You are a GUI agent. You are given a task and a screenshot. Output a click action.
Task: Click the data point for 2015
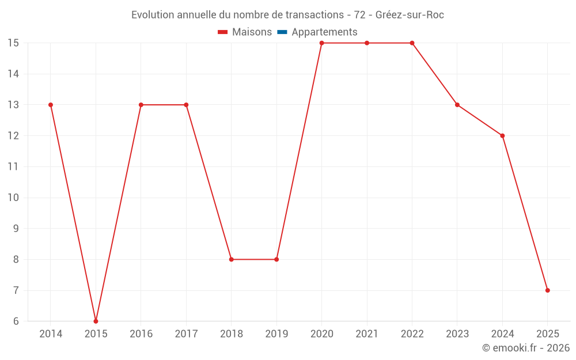click(x=96, y=321)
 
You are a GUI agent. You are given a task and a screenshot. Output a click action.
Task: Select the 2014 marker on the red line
click(x=51, y=105)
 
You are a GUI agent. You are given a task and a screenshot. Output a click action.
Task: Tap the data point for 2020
click(x=321, y=43)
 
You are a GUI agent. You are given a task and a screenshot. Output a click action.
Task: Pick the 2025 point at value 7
click(x=547, y=290)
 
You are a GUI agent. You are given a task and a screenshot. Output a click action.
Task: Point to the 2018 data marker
click(x=231, y=259)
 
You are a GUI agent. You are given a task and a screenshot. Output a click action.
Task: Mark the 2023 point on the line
click(x=457, y=105)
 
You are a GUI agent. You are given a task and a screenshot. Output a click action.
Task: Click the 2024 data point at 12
click(x=502, y=136)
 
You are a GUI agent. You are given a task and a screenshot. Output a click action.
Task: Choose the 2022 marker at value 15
click(x=412, y=43)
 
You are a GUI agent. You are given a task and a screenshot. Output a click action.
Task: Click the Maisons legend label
click(x=252, y=32)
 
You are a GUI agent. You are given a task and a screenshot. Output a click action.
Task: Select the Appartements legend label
click(x=324, y=32)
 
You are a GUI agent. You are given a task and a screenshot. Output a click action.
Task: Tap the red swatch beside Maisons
click(x=223, y=32)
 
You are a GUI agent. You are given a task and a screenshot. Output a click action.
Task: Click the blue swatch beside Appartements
click(x=282, y=32)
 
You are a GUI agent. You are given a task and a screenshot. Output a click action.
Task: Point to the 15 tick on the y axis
click(x=13, y=43)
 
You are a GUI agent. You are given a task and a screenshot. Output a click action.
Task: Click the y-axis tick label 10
click(x=13, y=198)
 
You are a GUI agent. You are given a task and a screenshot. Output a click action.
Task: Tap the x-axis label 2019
click(x=276, y=334)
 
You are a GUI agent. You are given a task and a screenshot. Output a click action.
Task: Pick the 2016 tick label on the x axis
click(x=141, y=334)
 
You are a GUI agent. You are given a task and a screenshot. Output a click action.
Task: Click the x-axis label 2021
click(x=367, y=334)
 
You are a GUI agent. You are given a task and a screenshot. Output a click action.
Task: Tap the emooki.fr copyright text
click(x=525, y=348)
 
